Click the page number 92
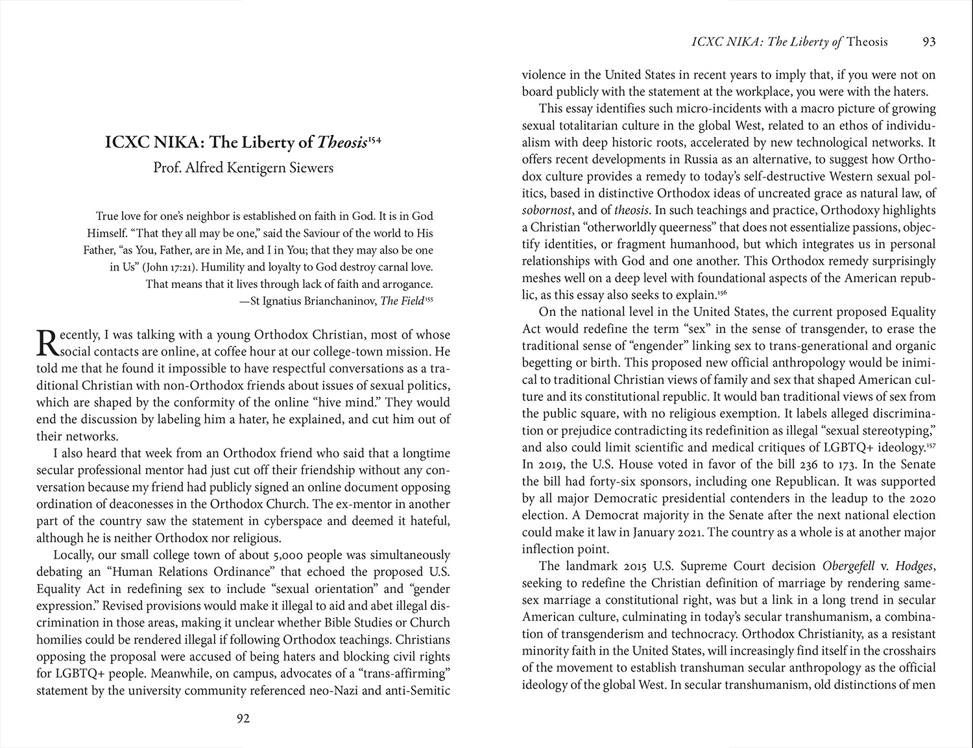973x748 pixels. [243, 718]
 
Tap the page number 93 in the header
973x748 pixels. [929, 42]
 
